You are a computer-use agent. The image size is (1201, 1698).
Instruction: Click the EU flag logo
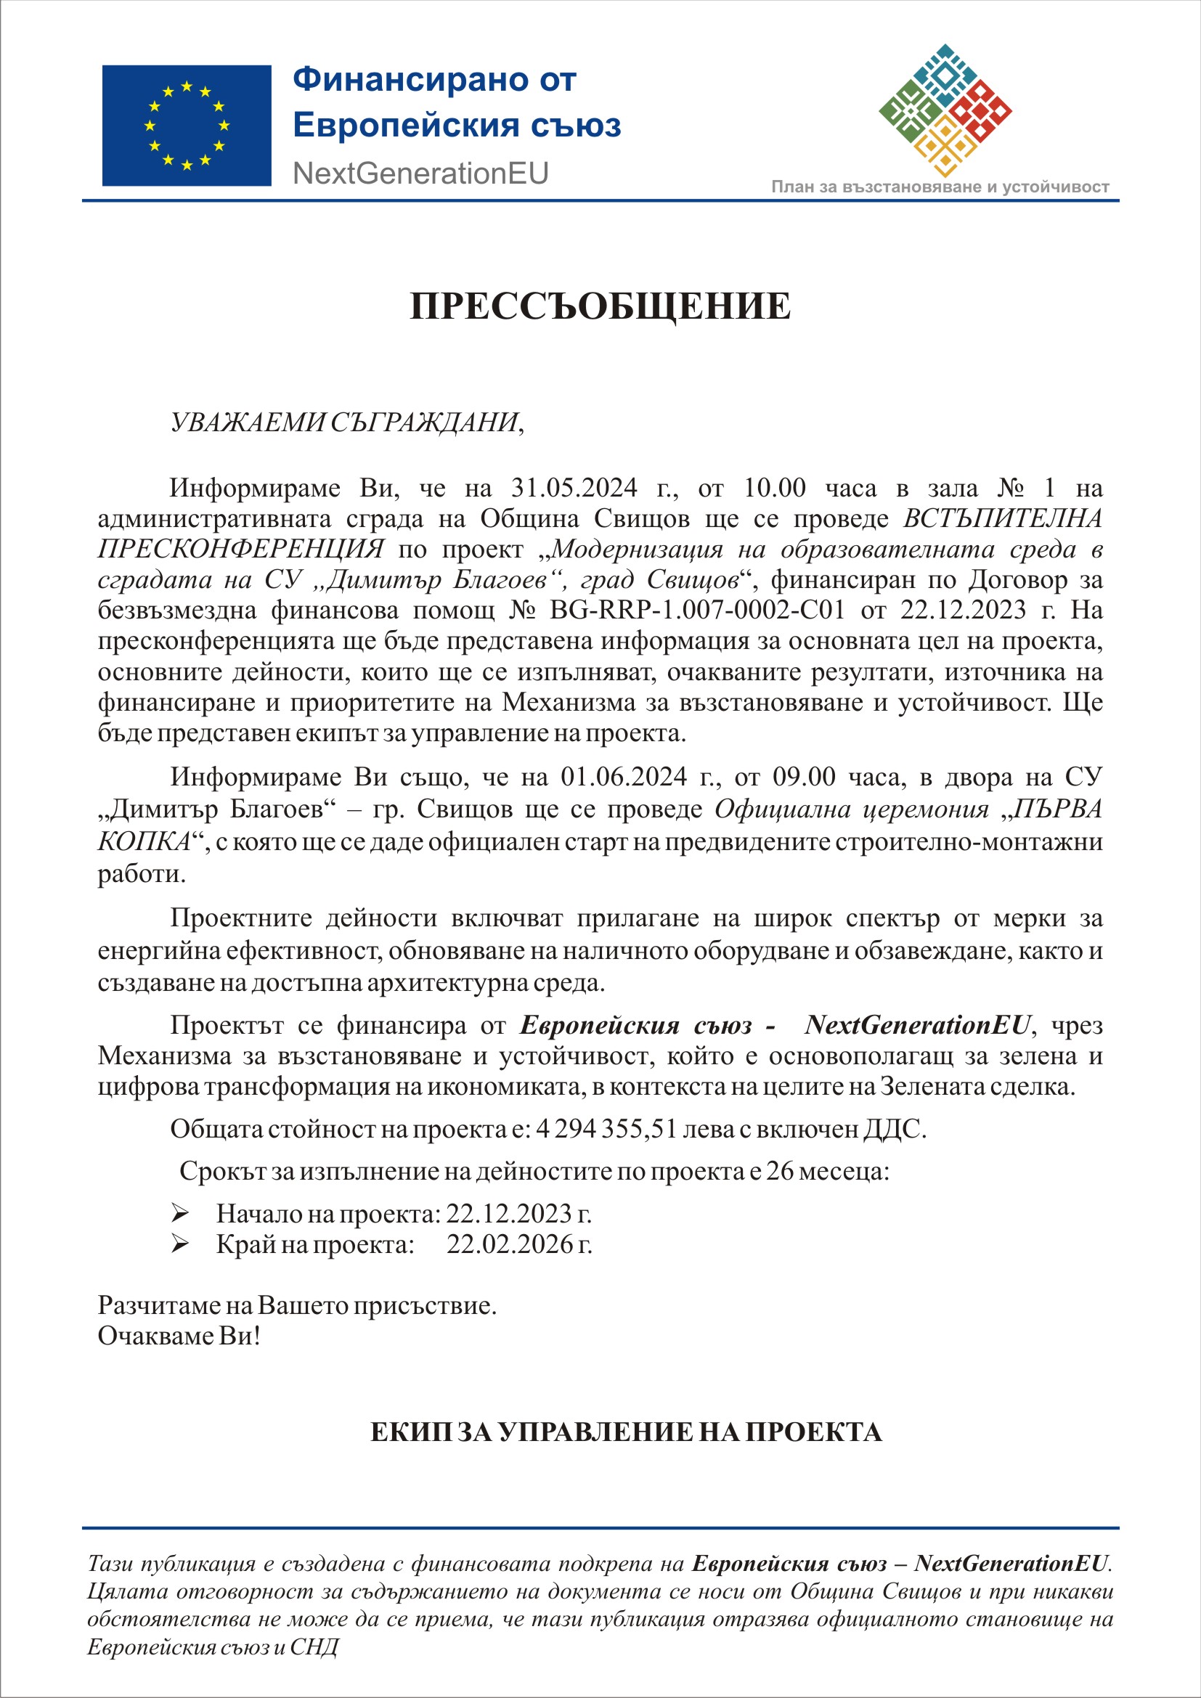tap(187, 125)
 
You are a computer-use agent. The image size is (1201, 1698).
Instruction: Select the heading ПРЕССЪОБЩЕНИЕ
tap(600, 306)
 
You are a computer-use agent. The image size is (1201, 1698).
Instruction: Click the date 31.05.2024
tap(574, 488)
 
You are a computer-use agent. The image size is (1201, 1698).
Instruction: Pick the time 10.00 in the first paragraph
tap(774, 488)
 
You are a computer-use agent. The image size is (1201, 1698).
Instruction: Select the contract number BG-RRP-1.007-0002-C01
tap(696, 610)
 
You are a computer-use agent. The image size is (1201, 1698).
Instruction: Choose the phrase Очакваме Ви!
tap(179, 1336)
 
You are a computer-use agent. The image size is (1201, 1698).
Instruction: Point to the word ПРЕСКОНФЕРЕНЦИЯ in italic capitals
tap(241, 549)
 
